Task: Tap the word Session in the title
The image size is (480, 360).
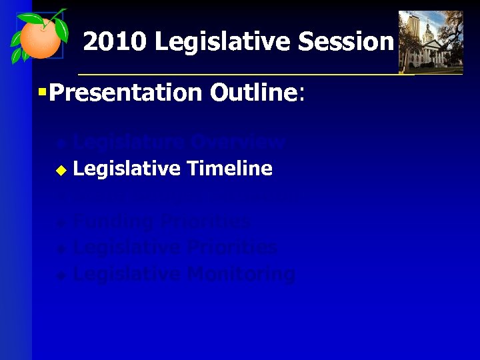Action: (x=346, y=42)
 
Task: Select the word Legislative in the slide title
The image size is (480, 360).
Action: (x=223, y=42)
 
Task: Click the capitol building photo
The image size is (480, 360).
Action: (x=430, y=41)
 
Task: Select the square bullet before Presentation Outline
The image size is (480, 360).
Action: (x=42, y=91)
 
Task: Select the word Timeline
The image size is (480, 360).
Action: (x=230, y=169)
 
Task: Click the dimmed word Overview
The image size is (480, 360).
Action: (x=237, y=142)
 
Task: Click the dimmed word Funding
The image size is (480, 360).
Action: (x=114, y=221)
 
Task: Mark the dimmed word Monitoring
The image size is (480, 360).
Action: (x=241, y=274)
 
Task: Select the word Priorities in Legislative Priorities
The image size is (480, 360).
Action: (x=232, y=247)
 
